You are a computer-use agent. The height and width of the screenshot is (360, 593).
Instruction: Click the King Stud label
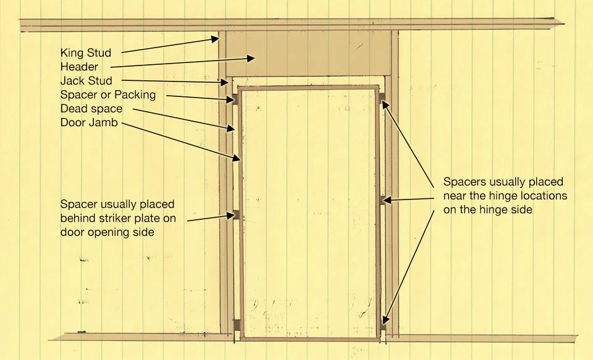[x=86, y=52]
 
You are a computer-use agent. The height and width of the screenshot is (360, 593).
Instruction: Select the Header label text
[x=79, y=67]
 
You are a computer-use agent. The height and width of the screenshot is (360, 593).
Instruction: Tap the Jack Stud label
[x=86, y=80]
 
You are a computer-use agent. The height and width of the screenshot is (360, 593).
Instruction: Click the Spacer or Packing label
[x=107, y=94]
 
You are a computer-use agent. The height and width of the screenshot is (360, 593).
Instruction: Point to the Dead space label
[x=91, y=109]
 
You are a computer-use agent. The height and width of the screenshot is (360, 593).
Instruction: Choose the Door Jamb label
[x=89, y=122]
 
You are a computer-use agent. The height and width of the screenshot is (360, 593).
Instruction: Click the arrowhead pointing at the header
[x=251, y=58]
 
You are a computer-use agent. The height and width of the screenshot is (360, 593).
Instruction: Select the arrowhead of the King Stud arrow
[x=215, y=38]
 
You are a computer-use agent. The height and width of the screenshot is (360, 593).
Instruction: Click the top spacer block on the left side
[x=235, y=99]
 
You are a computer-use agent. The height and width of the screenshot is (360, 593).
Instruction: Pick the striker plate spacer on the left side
[x=236, y=215]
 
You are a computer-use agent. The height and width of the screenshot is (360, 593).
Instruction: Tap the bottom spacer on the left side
[x=237, y=325]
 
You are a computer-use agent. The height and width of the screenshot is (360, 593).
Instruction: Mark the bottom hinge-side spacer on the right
[x=382, y=324]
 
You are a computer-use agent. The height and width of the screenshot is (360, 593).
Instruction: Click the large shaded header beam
[x=308, y=53]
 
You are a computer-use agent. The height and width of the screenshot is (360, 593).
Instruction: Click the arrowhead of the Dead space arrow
[x=230, y=128]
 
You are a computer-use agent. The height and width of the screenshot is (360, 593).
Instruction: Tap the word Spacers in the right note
[x=465, y=182]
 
